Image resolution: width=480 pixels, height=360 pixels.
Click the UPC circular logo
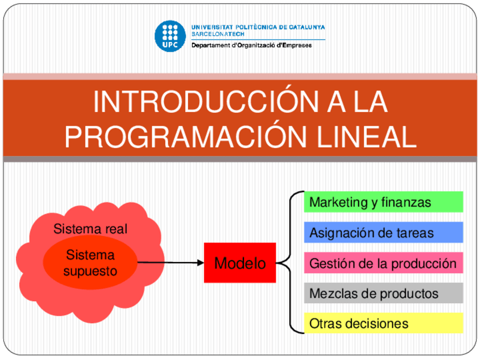pos(170,36)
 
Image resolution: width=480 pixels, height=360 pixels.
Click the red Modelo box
pos(240,263)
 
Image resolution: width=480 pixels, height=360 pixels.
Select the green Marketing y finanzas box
pos(383,202)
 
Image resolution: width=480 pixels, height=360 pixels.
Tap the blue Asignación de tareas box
pos(383,233)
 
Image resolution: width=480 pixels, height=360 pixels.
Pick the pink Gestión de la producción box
pos(383,263)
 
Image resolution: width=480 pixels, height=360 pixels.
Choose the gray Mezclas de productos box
pos(383,293)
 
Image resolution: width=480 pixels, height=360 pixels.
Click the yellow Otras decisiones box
pos(383,323)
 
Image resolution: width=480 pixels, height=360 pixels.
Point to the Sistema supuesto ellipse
pos(90,263)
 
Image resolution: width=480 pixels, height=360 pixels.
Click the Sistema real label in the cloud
pos(90,229)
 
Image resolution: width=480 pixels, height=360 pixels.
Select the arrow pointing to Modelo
pos(170,263)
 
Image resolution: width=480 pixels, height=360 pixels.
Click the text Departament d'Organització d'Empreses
pos(251,45)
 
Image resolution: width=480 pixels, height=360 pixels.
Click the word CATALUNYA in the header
pos(307,27)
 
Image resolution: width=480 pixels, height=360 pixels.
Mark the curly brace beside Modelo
pos(287,263)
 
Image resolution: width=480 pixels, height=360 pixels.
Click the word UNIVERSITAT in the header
pos(211,27)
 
